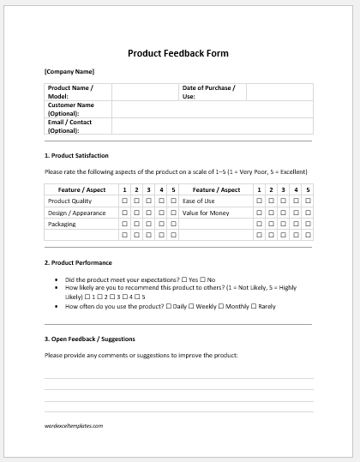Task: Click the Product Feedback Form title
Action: click(x=178, y=53)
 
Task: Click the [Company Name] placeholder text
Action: click(x=69, y=71)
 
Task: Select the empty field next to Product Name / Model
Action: click(x=144, y=92)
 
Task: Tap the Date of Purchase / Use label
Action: click(x=208, y=92)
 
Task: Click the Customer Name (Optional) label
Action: click(x=71, y=109)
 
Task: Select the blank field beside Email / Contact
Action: click(x=212, y=126)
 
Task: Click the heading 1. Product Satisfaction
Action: click(x=76, y=155)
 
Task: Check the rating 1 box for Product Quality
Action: click(x=125, y=201)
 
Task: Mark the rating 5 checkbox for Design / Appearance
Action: click(x=173, y=213)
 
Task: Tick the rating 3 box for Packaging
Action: click(x=149, y=224)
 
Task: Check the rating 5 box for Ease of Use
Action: click(x=308, y=201)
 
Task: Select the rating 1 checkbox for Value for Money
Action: click(x=260, y=213)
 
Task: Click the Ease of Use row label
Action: click(x=199, y=201)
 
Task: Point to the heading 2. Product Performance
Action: click(x=78, y=262)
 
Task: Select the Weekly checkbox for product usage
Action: click(x=197, y=305)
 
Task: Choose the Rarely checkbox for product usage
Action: click(x=255, y=305)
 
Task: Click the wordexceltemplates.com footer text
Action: click(x=74, y=425)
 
